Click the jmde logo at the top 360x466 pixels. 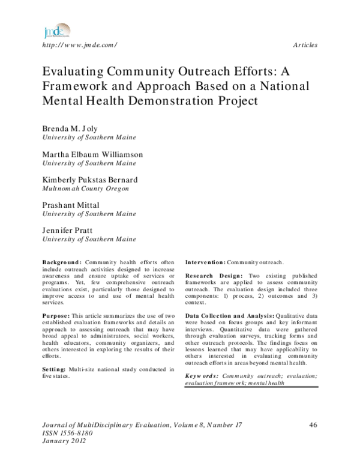coord(56,31)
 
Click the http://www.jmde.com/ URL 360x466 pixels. coord(79,46)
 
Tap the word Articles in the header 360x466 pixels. coord(305,46)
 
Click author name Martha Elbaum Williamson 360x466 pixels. coord(92,154)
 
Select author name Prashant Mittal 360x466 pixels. coord(71,205)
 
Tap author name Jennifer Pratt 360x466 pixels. coord(68,231)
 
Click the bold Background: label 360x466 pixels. coord(62,262)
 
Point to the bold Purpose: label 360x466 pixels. coord(56,315)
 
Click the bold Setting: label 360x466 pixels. coord(55,368)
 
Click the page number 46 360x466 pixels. coord(312,425)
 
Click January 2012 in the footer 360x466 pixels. coord(64,441)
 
